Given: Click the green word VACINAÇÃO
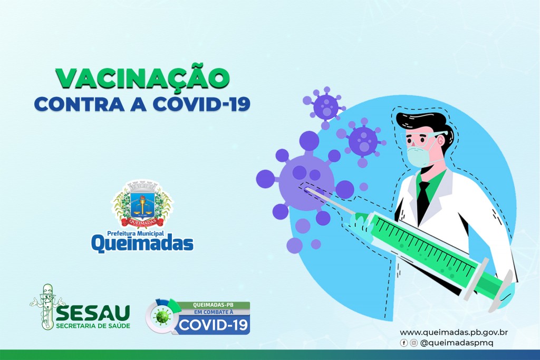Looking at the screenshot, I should (x=142, y=78).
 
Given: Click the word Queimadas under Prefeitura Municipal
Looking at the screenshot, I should (x=142, y=242).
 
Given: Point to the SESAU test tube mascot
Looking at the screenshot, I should (x=47, y=306).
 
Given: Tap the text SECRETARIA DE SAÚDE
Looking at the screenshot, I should (x=93, y=325).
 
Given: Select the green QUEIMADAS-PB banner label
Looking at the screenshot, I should (x=214, y=305).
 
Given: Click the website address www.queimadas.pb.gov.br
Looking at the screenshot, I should (x=454, y=333).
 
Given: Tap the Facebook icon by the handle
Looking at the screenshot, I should (x=404, y=343).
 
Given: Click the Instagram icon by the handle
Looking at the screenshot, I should (x=413, y=343).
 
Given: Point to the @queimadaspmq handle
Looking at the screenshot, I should (x=456, y=343).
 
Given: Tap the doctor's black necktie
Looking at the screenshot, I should (x=423, y=198).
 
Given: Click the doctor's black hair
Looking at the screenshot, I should (x=422, y=122).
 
